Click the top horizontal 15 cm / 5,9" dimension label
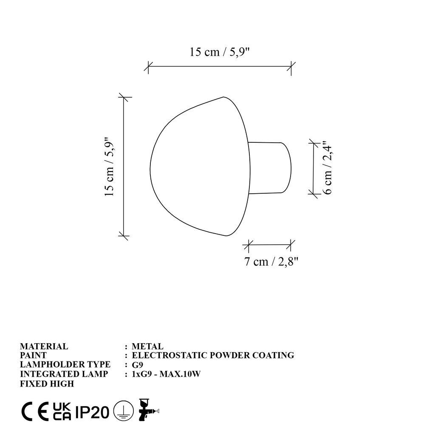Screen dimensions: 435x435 (219, 52)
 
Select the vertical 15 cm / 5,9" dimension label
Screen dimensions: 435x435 (110, 167)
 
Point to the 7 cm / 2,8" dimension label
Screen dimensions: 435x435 (269, 262)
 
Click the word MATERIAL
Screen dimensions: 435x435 (44, 347)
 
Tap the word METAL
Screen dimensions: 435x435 (147, 347)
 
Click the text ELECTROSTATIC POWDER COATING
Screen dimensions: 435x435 (213, 356)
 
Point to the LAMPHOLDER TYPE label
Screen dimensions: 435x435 (65, 365)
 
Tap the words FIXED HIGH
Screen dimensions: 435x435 (47, 384)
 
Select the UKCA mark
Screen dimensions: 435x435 (62, 411)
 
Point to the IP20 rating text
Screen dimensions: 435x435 (92, 412)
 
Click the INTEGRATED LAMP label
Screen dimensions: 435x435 (64, 374)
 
